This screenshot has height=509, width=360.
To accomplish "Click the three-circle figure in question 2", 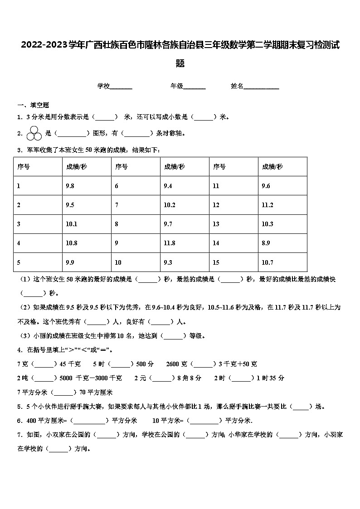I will point(34,133).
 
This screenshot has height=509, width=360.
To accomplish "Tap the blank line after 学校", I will point(121,86).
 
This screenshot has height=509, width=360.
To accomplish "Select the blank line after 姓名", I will point(261,86).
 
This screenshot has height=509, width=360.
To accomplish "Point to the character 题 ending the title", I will point(180,64).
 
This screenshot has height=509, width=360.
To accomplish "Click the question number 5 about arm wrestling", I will point(19,407).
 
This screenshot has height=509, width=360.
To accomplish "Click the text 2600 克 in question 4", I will point(177,364).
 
